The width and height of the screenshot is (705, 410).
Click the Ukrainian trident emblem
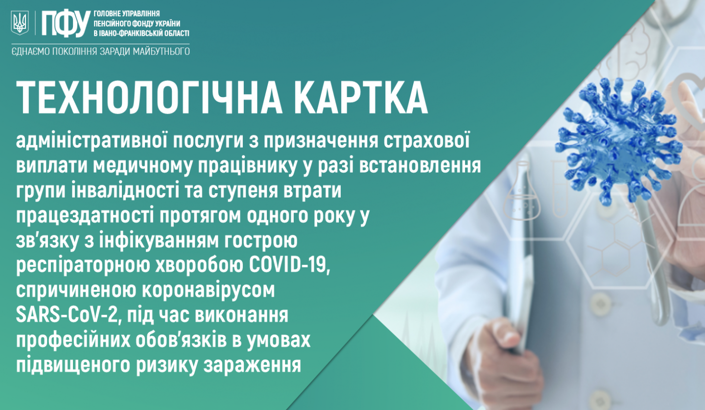point(20,23)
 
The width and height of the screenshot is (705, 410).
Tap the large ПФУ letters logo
point(66,24)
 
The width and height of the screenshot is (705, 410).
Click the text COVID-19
point(290,266)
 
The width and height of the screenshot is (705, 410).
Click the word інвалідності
point(120,191)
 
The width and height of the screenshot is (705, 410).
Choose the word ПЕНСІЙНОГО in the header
point(113,24)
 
